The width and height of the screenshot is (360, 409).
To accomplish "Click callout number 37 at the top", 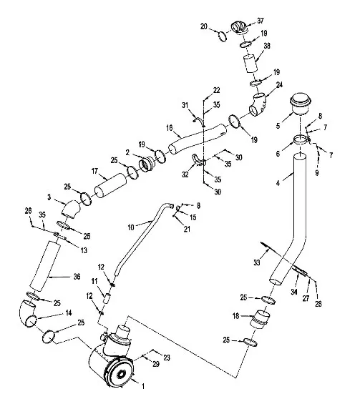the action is [260, 21].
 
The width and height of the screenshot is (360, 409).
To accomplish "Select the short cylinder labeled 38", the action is [250, 64].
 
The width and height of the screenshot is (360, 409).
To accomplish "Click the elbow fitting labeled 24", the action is [257, 104].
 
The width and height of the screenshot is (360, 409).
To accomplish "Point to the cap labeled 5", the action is [301, 103].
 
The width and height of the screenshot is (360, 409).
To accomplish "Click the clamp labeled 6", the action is [302, 139].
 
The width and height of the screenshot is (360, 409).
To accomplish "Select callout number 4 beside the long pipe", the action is [278, 183].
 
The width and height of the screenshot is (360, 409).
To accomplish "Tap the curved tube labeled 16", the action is [198, 139].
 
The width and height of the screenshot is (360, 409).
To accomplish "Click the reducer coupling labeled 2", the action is [147, 164].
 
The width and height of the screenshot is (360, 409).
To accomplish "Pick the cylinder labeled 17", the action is [110, 185].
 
